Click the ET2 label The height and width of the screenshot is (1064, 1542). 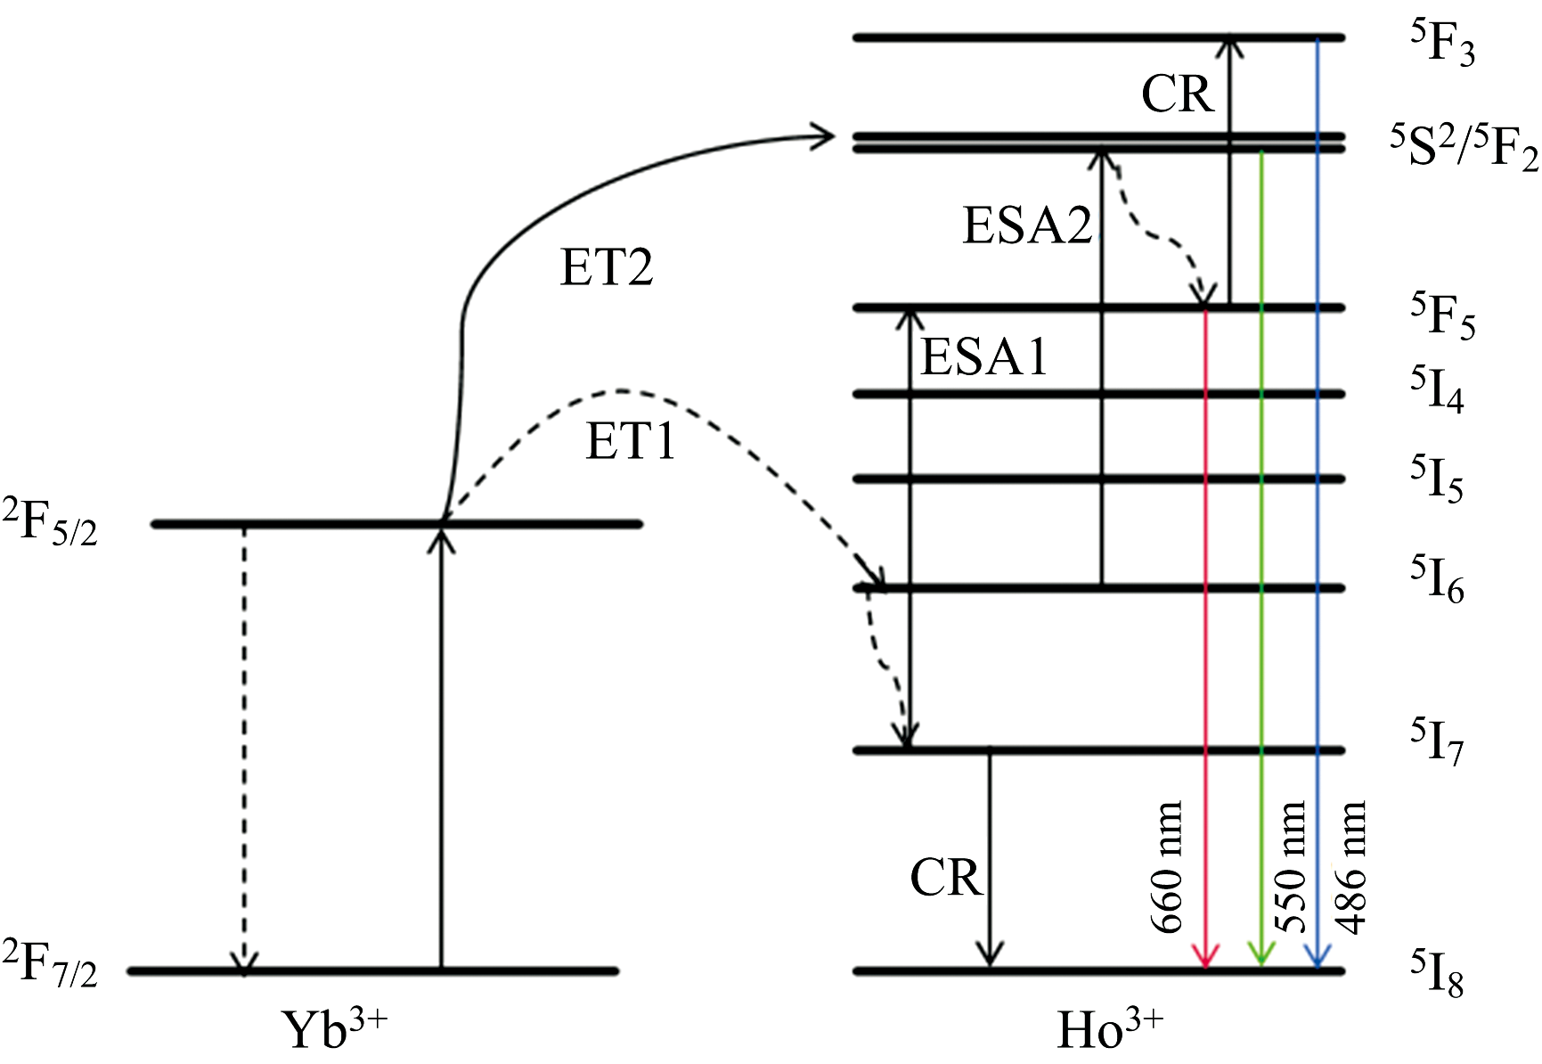[x=607, y=267]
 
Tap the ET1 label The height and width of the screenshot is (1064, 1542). [x=631, y=441]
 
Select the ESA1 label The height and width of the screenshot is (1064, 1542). [x=984, y=358]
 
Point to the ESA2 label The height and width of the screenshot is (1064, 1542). [x=1028, y=225]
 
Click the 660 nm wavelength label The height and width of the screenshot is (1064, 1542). [x=1168, y=866]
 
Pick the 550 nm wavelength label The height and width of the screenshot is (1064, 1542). [x=1291, y=866]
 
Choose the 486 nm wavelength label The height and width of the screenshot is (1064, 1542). [x=1350, y=866]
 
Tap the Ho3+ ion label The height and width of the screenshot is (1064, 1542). [x=1110, y=1029]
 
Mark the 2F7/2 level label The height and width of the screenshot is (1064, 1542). [x=50, y=964]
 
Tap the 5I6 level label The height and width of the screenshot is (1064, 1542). [x=1437, y=579]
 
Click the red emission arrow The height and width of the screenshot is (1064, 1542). [x=1205, y=624]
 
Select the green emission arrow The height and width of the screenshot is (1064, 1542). [x=1261, y=579]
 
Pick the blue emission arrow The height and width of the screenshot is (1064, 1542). [x=1318, y=535]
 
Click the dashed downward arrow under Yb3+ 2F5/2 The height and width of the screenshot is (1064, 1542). [x=245, y=749]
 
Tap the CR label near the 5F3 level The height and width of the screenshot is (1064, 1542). [x=1178, y=94]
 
